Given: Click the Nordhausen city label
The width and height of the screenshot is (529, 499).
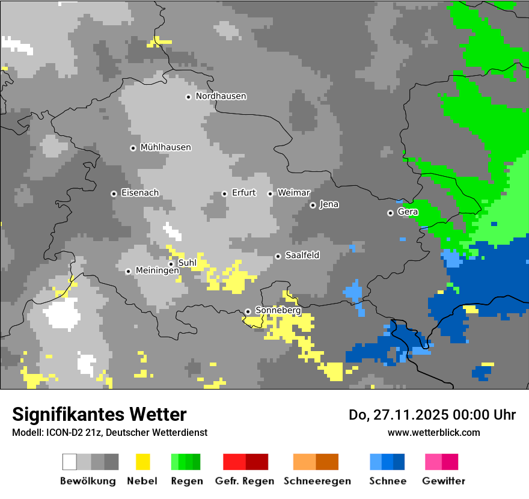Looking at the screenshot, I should tap(221, 96).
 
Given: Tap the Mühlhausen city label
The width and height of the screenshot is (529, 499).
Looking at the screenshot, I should tap(165, 147).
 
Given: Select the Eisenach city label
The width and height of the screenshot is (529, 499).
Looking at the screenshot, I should tap(139, 193).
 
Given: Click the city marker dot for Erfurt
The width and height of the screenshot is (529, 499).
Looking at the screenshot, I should tap(224, 194).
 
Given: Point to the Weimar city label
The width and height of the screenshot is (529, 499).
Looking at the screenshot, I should tap(293, 193).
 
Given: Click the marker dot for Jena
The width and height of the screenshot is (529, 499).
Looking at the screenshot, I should tap(313, 205).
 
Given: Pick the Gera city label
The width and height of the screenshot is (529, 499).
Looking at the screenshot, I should tap(408, 212).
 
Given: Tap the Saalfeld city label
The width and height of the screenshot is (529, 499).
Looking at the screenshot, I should tap(302, 256).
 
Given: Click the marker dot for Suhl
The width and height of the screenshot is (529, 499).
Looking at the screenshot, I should tap(171, 263).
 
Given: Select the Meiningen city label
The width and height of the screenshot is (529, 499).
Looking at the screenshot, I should tap(157, 271).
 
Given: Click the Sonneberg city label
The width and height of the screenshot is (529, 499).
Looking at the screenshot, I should tap(278, 310).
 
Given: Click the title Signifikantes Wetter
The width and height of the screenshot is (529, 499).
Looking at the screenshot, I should tap(99, 414).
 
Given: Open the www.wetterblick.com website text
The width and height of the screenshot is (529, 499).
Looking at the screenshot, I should tap(433, 432).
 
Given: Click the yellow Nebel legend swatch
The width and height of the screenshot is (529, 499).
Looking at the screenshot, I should tap(142, 462).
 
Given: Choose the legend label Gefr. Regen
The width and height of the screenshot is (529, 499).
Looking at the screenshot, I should tap(245, 481).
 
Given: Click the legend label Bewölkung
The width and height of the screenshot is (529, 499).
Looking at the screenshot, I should tap(88, 481).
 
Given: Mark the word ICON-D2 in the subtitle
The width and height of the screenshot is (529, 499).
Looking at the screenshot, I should tap(61, 432).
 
